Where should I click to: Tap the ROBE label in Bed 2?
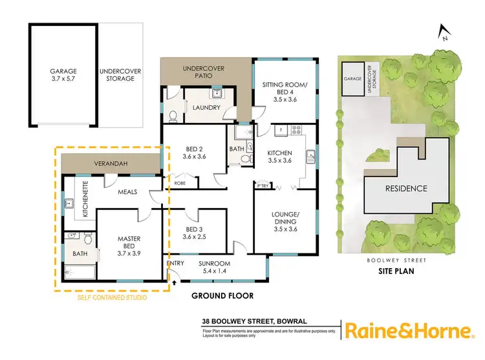(x=181, y=183)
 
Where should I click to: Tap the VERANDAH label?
(x=107, y=164)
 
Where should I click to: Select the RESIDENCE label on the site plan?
(x=406, y=189)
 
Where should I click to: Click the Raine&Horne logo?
(x=407, y=331)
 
